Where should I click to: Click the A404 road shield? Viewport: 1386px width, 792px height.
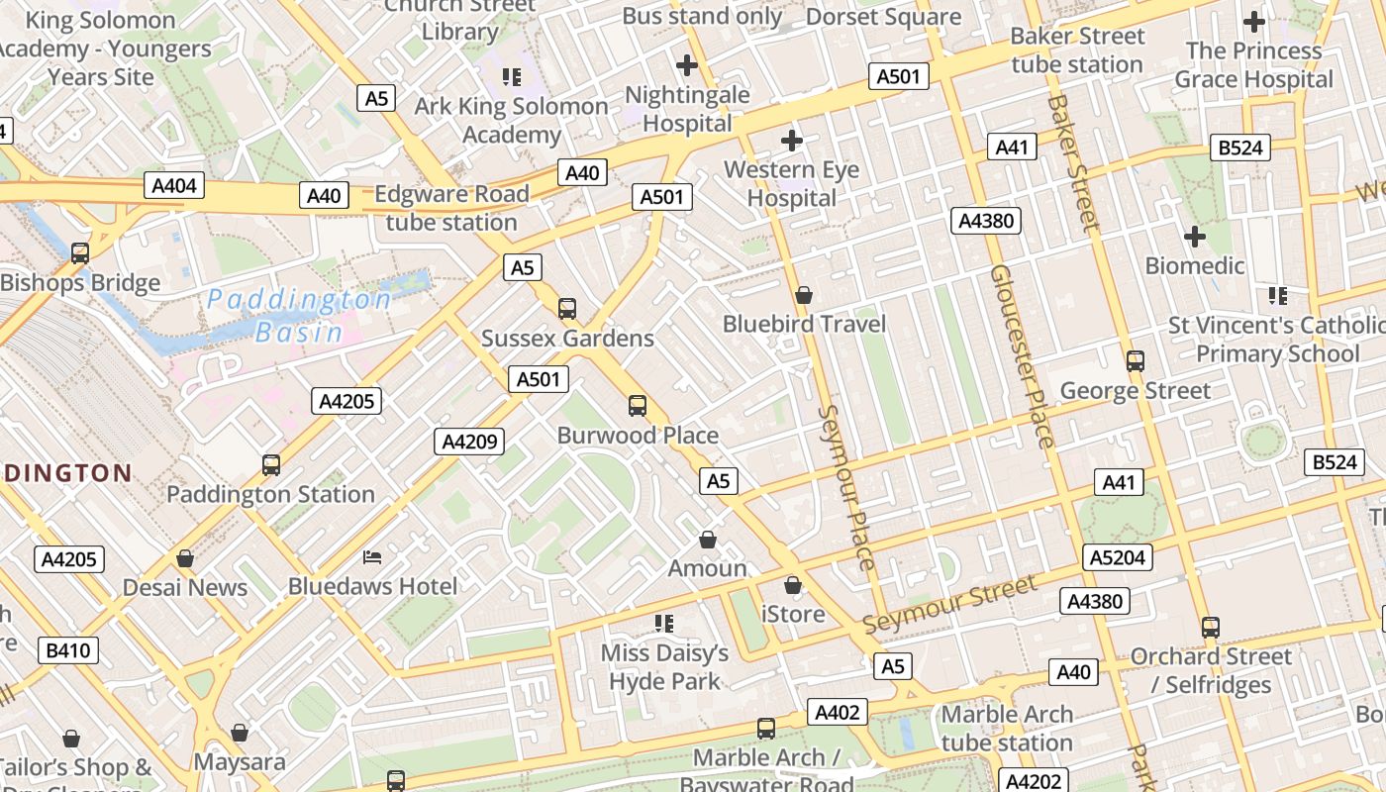175,185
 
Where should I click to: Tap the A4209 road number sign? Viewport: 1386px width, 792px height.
469,442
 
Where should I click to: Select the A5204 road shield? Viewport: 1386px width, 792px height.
1117,557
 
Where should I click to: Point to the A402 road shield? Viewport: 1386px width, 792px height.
838,712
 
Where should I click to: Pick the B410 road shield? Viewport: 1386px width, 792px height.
68,650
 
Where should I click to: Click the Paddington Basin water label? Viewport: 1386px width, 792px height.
299,315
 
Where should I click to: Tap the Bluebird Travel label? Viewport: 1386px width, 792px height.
804,324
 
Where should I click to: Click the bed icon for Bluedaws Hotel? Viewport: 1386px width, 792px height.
372,557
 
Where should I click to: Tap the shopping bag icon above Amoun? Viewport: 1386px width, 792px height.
708,540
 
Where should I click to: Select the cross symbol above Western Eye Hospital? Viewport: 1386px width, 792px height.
791,141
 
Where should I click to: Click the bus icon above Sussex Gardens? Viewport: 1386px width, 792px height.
567,309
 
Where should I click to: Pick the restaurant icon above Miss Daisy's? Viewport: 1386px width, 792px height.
664,624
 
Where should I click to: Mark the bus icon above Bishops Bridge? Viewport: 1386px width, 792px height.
80,253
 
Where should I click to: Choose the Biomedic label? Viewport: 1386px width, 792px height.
1195,265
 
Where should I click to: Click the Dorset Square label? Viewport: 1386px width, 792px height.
883,17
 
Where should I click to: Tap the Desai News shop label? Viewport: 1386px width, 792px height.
185,587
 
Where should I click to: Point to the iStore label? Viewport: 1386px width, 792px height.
793,614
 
